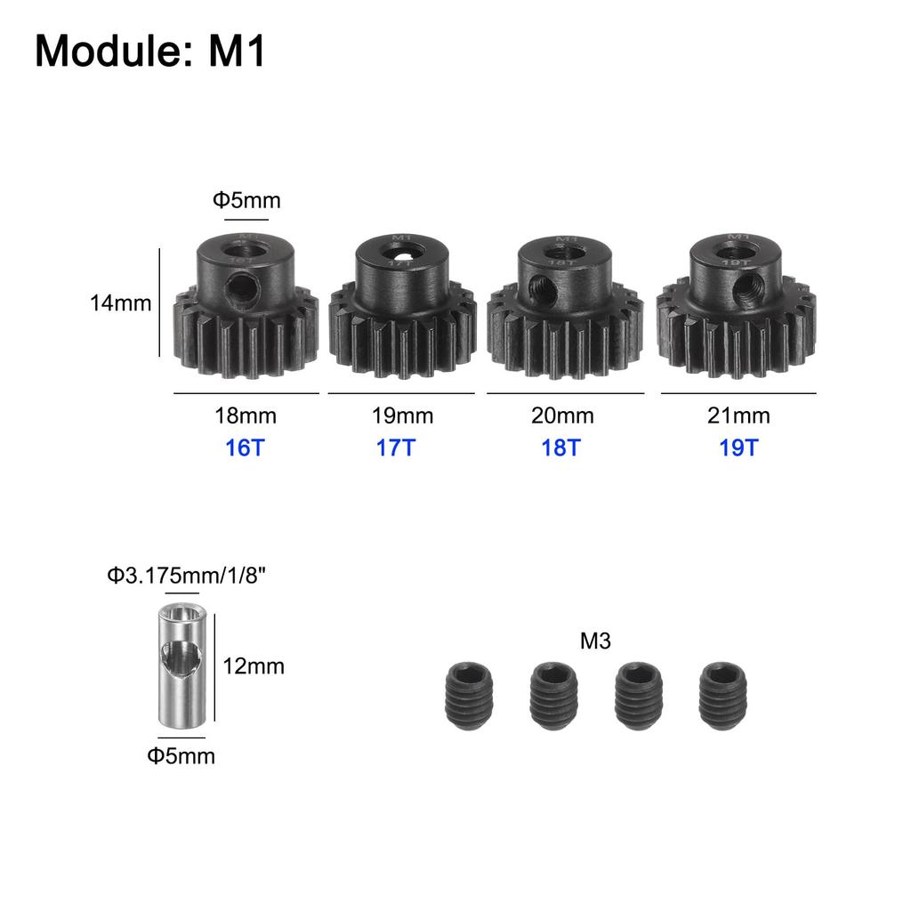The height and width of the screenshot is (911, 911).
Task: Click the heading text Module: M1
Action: pos(150,52)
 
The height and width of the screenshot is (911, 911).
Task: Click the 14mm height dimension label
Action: pos(120,302)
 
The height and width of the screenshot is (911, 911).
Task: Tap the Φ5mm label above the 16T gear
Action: pos(246,200)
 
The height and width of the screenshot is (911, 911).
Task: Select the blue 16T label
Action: pos(246,447)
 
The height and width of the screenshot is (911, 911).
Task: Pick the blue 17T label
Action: pos(396,447)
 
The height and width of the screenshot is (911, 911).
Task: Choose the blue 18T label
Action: pos(560,447)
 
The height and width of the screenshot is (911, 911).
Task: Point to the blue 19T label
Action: pos(739,447)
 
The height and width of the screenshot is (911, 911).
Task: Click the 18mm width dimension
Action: pos(246,415)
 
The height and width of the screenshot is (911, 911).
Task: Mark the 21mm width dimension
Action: pos(739,415)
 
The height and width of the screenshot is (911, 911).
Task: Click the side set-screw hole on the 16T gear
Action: pos(238,286)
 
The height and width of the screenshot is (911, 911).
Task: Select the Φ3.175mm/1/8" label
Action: pos(187,576)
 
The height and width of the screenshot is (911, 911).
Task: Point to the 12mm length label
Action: pos(254,665)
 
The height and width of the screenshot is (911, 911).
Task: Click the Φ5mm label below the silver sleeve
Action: pos(181,756)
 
